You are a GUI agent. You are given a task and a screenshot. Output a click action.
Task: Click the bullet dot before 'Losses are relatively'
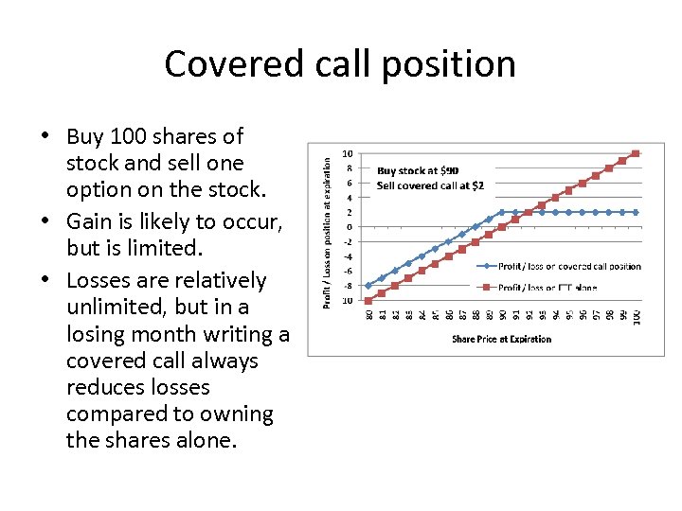46,281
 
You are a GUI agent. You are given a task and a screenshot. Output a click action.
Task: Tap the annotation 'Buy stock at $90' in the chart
418,171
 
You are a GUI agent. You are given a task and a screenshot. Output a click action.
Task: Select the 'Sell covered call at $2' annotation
430,185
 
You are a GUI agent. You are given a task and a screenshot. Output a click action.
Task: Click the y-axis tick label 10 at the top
348,153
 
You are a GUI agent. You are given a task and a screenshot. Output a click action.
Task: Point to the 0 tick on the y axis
350,227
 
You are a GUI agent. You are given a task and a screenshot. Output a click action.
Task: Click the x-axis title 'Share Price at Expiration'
501,339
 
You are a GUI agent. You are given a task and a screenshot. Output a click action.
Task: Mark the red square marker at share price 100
636,153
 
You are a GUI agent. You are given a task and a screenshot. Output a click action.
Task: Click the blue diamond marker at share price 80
368,285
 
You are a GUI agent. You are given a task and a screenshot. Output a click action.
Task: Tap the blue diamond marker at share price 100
636,212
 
